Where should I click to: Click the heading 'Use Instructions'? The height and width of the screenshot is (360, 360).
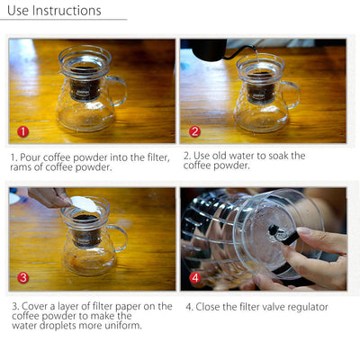pos(54,11)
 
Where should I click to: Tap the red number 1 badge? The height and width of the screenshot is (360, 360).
pos(23,130)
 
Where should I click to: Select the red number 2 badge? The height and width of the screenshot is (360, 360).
pos(194,130)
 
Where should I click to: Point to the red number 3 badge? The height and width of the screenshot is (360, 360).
pos(23,278)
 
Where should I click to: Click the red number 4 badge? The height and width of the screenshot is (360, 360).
pos(194,278)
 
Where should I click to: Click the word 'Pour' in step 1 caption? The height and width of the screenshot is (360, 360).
pos(35,157)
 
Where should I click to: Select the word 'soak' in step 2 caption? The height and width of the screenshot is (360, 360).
pos(292,156)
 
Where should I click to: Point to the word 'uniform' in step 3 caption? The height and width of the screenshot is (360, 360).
pos(121,326)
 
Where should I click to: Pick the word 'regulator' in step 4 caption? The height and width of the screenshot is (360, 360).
pos(303,307)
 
